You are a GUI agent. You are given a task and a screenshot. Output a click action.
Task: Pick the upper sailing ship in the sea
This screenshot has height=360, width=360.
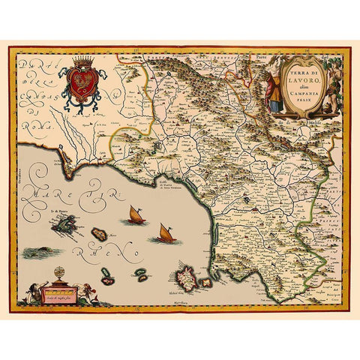tap(135, 217)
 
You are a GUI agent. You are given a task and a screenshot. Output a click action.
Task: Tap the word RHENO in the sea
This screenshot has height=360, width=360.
tap(90, 241)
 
